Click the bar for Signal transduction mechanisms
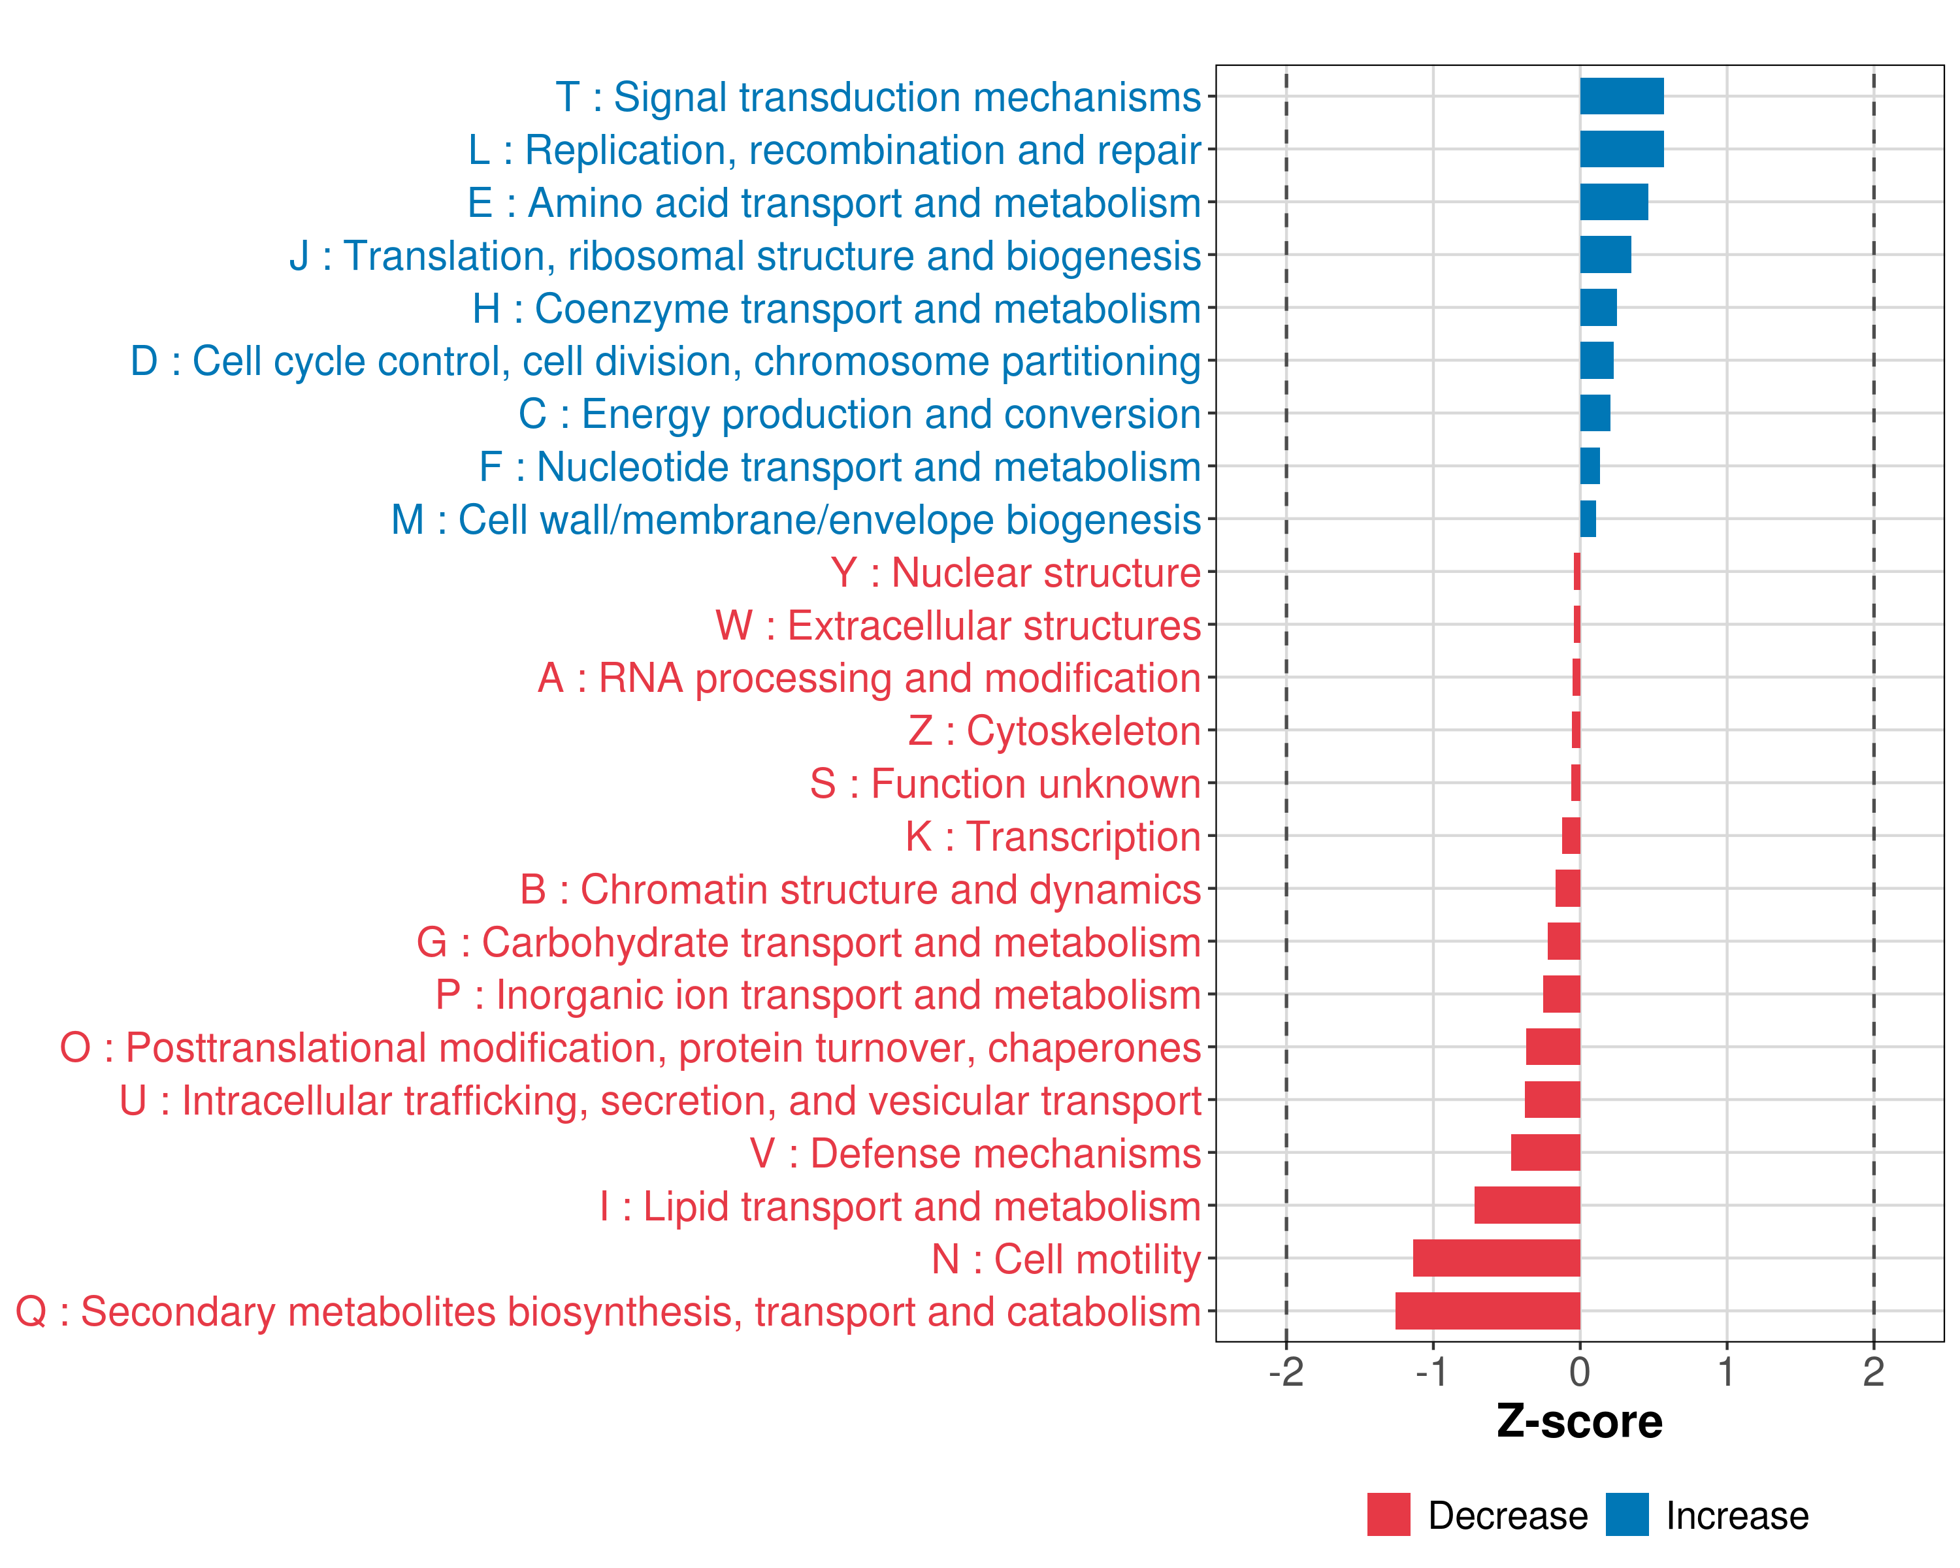point(1622,96)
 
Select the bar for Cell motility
point(1496,1258)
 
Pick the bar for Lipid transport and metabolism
point(1527,1205)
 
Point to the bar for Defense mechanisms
point(1545,1152)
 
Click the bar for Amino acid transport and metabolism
point(1614,202)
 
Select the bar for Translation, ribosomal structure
point(1605,255)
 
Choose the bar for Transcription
point(1571,836)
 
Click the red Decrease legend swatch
point(1389,1514)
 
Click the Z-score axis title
point(1580,1422)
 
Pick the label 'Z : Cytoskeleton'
point(1054,732)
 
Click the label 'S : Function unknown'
point(1005,783)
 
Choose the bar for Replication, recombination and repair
point(1622,149)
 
